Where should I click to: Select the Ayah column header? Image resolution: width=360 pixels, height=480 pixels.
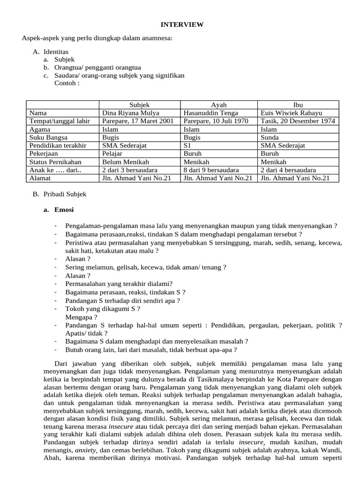pos(218,105)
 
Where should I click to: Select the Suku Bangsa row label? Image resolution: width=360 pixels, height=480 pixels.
pos(48,137)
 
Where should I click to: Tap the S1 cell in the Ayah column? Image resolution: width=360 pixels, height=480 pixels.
pos(187,145)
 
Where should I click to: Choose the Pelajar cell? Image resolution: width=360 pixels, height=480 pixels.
pos(112,154)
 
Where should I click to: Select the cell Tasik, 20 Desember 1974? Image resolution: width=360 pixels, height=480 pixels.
pos(298,121)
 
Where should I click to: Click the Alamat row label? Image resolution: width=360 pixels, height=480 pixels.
pos(40,178)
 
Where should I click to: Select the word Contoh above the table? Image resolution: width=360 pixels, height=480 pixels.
pos(67,83)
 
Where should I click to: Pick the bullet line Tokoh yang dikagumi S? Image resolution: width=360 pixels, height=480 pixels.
pos(103,308)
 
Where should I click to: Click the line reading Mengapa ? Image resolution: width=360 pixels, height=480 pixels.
pos(78,316)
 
